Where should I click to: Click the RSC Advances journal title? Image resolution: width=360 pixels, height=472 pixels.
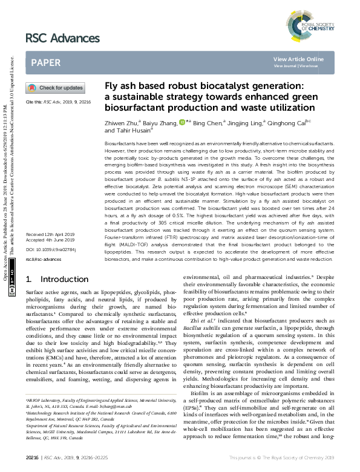coord(62,39)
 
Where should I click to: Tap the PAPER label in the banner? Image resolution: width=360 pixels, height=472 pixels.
coord(45,62)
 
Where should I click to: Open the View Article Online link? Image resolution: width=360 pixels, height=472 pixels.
coord(298,59)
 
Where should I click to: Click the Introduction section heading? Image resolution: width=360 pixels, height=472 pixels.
coord(57,279)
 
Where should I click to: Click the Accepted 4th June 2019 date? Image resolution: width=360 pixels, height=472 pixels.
coord(50,239)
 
